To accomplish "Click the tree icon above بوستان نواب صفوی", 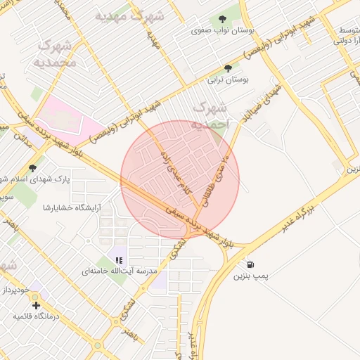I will tap(223, 20).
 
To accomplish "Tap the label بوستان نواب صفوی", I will tap(222, 32).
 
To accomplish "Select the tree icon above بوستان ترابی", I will tap(227, 68).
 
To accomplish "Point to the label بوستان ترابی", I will tap(227, 80).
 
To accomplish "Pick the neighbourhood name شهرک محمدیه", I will tap(53, 54).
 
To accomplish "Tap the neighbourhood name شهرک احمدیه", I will tap(210, 115).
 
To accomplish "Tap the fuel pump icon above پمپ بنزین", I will tap(252, 266).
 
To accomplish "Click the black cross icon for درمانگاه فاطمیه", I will tap(36, 304).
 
